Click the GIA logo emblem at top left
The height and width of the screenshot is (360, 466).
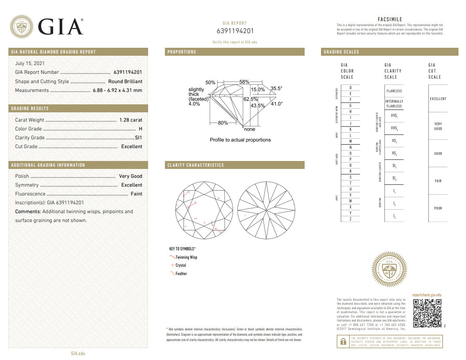click(22, 27)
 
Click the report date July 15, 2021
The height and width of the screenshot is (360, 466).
click(30, 63)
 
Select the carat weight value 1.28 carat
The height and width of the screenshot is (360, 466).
click(130, 120)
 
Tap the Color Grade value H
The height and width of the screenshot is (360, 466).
click(140, 129)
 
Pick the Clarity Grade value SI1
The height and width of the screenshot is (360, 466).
click(138, 138)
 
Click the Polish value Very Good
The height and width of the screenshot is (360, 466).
click(130, 176)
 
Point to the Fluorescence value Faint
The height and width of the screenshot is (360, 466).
click(136, 194)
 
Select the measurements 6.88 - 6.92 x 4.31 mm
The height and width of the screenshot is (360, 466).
click(117, 90)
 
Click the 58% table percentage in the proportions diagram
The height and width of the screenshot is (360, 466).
click(244, 82)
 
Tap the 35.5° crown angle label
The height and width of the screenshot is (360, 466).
click(276, 88)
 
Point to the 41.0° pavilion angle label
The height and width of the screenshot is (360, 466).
click(276, 104)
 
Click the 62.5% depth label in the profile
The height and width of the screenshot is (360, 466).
click(250, 100)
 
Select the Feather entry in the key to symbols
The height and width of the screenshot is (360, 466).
click(181, 274)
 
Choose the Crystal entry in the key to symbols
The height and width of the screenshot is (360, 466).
click(180, 265)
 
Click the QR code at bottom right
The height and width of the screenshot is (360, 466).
click(427, 314)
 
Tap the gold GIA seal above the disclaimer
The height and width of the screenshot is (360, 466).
click(389, 269)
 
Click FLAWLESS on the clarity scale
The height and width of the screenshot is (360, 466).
click(394, 91)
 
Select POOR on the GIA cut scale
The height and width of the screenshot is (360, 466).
click(438, 208)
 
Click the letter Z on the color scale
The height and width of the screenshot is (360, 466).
click(350, 219)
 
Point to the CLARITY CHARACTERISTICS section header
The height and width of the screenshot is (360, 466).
click(195, 165)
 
